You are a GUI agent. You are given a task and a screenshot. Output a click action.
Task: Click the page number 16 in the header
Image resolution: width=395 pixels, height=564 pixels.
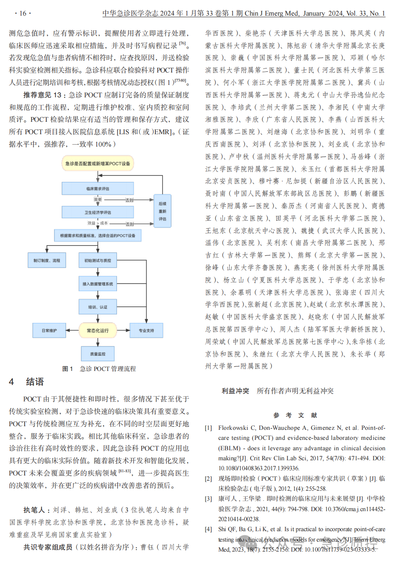22,13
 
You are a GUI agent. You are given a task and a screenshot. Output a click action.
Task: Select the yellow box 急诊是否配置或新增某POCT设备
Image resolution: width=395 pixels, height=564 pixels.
97,163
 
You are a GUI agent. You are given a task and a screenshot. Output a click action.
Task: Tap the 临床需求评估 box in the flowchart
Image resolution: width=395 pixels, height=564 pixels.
97,189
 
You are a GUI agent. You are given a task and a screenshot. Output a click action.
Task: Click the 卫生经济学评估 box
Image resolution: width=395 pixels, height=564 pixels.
97,212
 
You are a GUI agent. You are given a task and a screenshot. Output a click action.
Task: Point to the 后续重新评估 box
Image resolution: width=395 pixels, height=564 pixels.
162,211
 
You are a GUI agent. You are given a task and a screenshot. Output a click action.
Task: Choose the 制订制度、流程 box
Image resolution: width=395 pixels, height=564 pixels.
47,260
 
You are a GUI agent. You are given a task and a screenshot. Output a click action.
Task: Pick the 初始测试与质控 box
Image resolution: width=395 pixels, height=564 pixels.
97,260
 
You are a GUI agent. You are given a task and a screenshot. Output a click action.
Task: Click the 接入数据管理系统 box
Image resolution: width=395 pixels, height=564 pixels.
97,284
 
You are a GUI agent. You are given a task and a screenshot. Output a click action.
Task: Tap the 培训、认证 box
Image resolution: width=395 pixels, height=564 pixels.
97,307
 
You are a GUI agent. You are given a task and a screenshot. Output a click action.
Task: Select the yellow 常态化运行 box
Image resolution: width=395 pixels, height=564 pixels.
97,330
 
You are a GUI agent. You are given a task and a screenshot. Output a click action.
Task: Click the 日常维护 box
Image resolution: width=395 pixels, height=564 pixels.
49,330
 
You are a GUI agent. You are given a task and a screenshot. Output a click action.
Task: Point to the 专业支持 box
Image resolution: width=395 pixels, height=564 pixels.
146,330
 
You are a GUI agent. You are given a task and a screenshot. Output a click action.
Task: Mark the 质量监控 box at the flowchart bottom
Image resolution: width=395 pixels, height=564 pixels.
97,354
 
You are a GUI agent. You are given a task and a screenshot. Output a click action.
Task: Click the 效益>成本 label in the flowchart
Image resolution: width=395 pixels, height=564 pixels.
97,223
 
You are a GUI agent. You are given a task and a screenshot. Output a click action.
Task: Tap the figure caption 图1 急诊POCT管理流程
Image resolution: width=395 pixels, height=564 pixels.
99,369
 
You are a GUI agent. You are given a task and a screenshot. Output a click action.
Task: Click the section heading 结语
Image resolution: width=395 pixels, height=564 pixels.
35,382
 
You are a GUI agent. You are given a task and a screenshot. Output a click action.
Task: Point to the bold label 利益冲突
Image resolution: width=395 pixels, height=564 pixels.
235,391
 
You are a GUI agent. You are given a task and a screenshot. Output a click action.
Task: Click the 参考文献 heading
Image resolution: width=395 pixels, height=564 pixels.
295,415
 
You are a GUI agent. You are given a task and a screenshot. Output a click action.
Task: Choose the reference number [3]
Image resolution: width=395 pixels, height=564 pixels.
208,499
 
